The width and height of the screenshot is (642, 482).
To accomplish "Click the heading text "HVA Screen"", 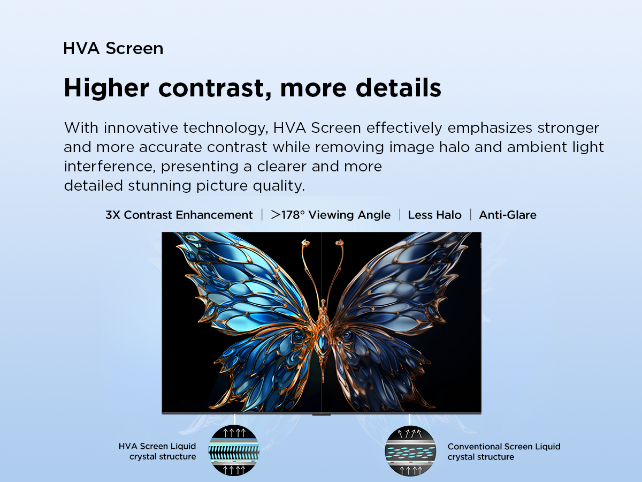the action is [x=113, y=48].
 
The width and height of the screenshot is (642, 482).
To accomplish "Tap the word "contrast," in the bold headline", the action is [x=215, y=88].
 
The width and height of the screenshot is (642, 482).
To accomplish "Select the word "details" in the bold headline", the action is [x=399, y=87].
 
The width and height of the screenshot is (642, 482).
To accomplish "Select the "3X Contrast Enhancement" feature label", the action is [x=179, y=215].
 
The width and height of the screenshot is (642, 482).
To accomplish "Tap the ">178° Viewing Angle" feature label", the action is [x=331, y=215].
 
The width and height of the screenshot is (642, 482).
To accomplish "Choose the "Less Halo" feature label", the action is [x=434, y=215].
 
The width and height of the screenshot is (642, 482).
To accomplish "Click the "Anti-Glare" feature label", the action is [x=508, y=215].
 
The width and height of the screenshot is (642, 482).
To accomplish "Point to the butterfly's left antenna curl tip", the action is [x=305, y=243].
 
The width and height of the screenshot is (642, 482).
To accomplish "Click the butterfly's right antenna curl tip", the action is [x=339, y=242].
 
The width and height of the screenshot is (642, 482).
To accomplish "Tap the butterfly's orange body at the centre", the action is [x=323, y=340].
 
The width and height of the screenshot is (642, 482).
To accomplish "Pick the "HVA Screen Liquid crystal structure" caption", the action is [x=157, y=451].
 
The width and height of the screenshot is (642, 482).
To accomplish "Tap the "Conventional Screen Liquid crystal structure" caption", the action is [x=504, y=451].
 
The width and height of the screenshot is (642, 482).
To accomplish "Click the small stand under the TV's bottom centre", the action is [x=322, y=415].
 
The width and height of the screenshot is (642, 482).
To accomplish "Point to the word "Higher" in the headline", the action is [x=106, y=88].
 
